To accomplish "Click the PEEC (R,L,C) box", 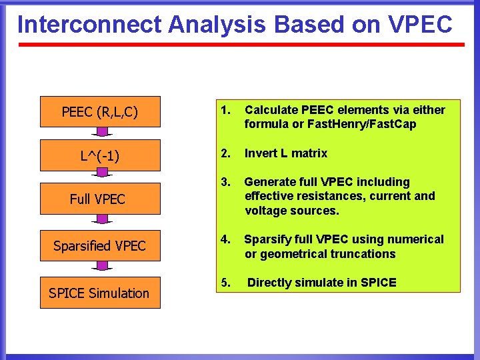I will [100, 111].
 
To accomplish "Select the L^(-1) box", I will [100, 155].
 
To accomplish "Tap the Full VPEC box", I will [100, 199].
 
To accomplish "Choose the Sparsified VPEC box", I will [100, 245].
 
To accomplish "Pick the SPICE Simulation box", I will [100, 293].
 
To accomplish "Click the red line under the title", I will [240, 45].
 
